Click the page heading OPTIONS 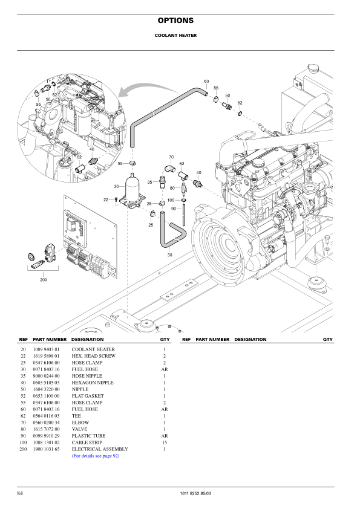(175, 21)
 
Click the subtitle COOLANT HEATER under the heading (175, 36)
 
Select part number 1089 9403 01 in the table (46, 349)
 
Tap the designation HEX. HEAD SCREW (94, 356)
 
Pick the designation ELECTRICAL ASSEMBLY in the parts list (100, 449)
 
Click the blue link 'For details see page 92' (96, 456)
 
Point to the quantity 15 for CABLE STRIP (165, 443)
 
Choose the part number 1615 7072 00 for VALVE (46, 429)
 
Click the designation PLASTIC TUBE (88, 436)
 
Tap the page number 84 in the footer (20, 493)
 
